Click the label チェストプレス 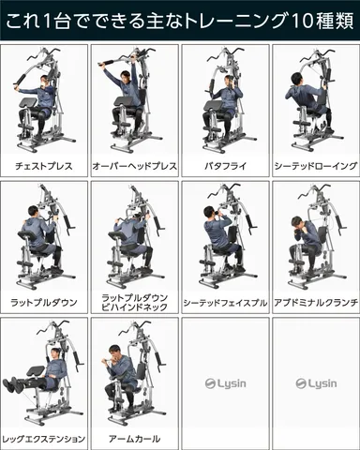point(44,165)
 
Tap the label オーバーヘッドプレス point(134,165)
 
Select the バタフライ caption point(224,165)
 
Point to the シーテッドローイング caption point(315,165)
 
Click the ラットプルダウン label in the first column point(44,302)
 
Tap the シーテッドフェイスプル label point(224,302)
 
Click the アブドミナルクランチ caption point(315,302)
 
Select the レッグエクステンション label point(44,438)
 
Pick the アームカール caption point(134,438)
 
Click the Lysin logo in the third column point(224,383)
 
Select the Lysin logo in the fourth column point(315,383)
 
